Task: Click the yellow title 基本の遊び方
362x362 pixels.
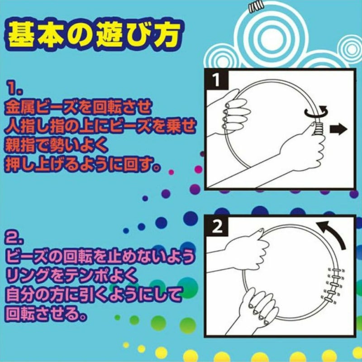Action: point(94,35)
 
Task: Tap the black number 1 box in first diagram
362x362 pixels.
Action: point(216,80)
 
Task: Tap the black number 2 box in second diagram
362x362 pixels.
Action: point(217,227)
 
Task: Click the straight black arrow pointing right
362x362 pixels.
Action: point(338,129)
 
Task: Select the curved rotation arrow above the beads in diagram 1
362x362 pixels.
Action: point(316,111)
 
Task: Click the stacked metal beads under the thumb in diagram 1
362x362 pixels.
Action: point(319,130)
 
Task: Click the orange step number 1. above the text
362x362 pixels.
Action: point(15,88)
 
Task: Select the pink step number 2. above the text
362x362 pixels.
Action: point(14,237)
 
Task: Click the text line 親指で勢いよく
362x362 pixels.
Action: point(56,145)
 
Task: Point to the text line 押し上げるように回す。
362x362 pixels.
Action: point(82,165)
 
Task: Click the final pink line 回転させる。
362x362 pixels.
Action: point(46,314)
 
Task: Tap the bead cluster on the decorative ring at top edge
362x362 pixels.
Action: point(256,6)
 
